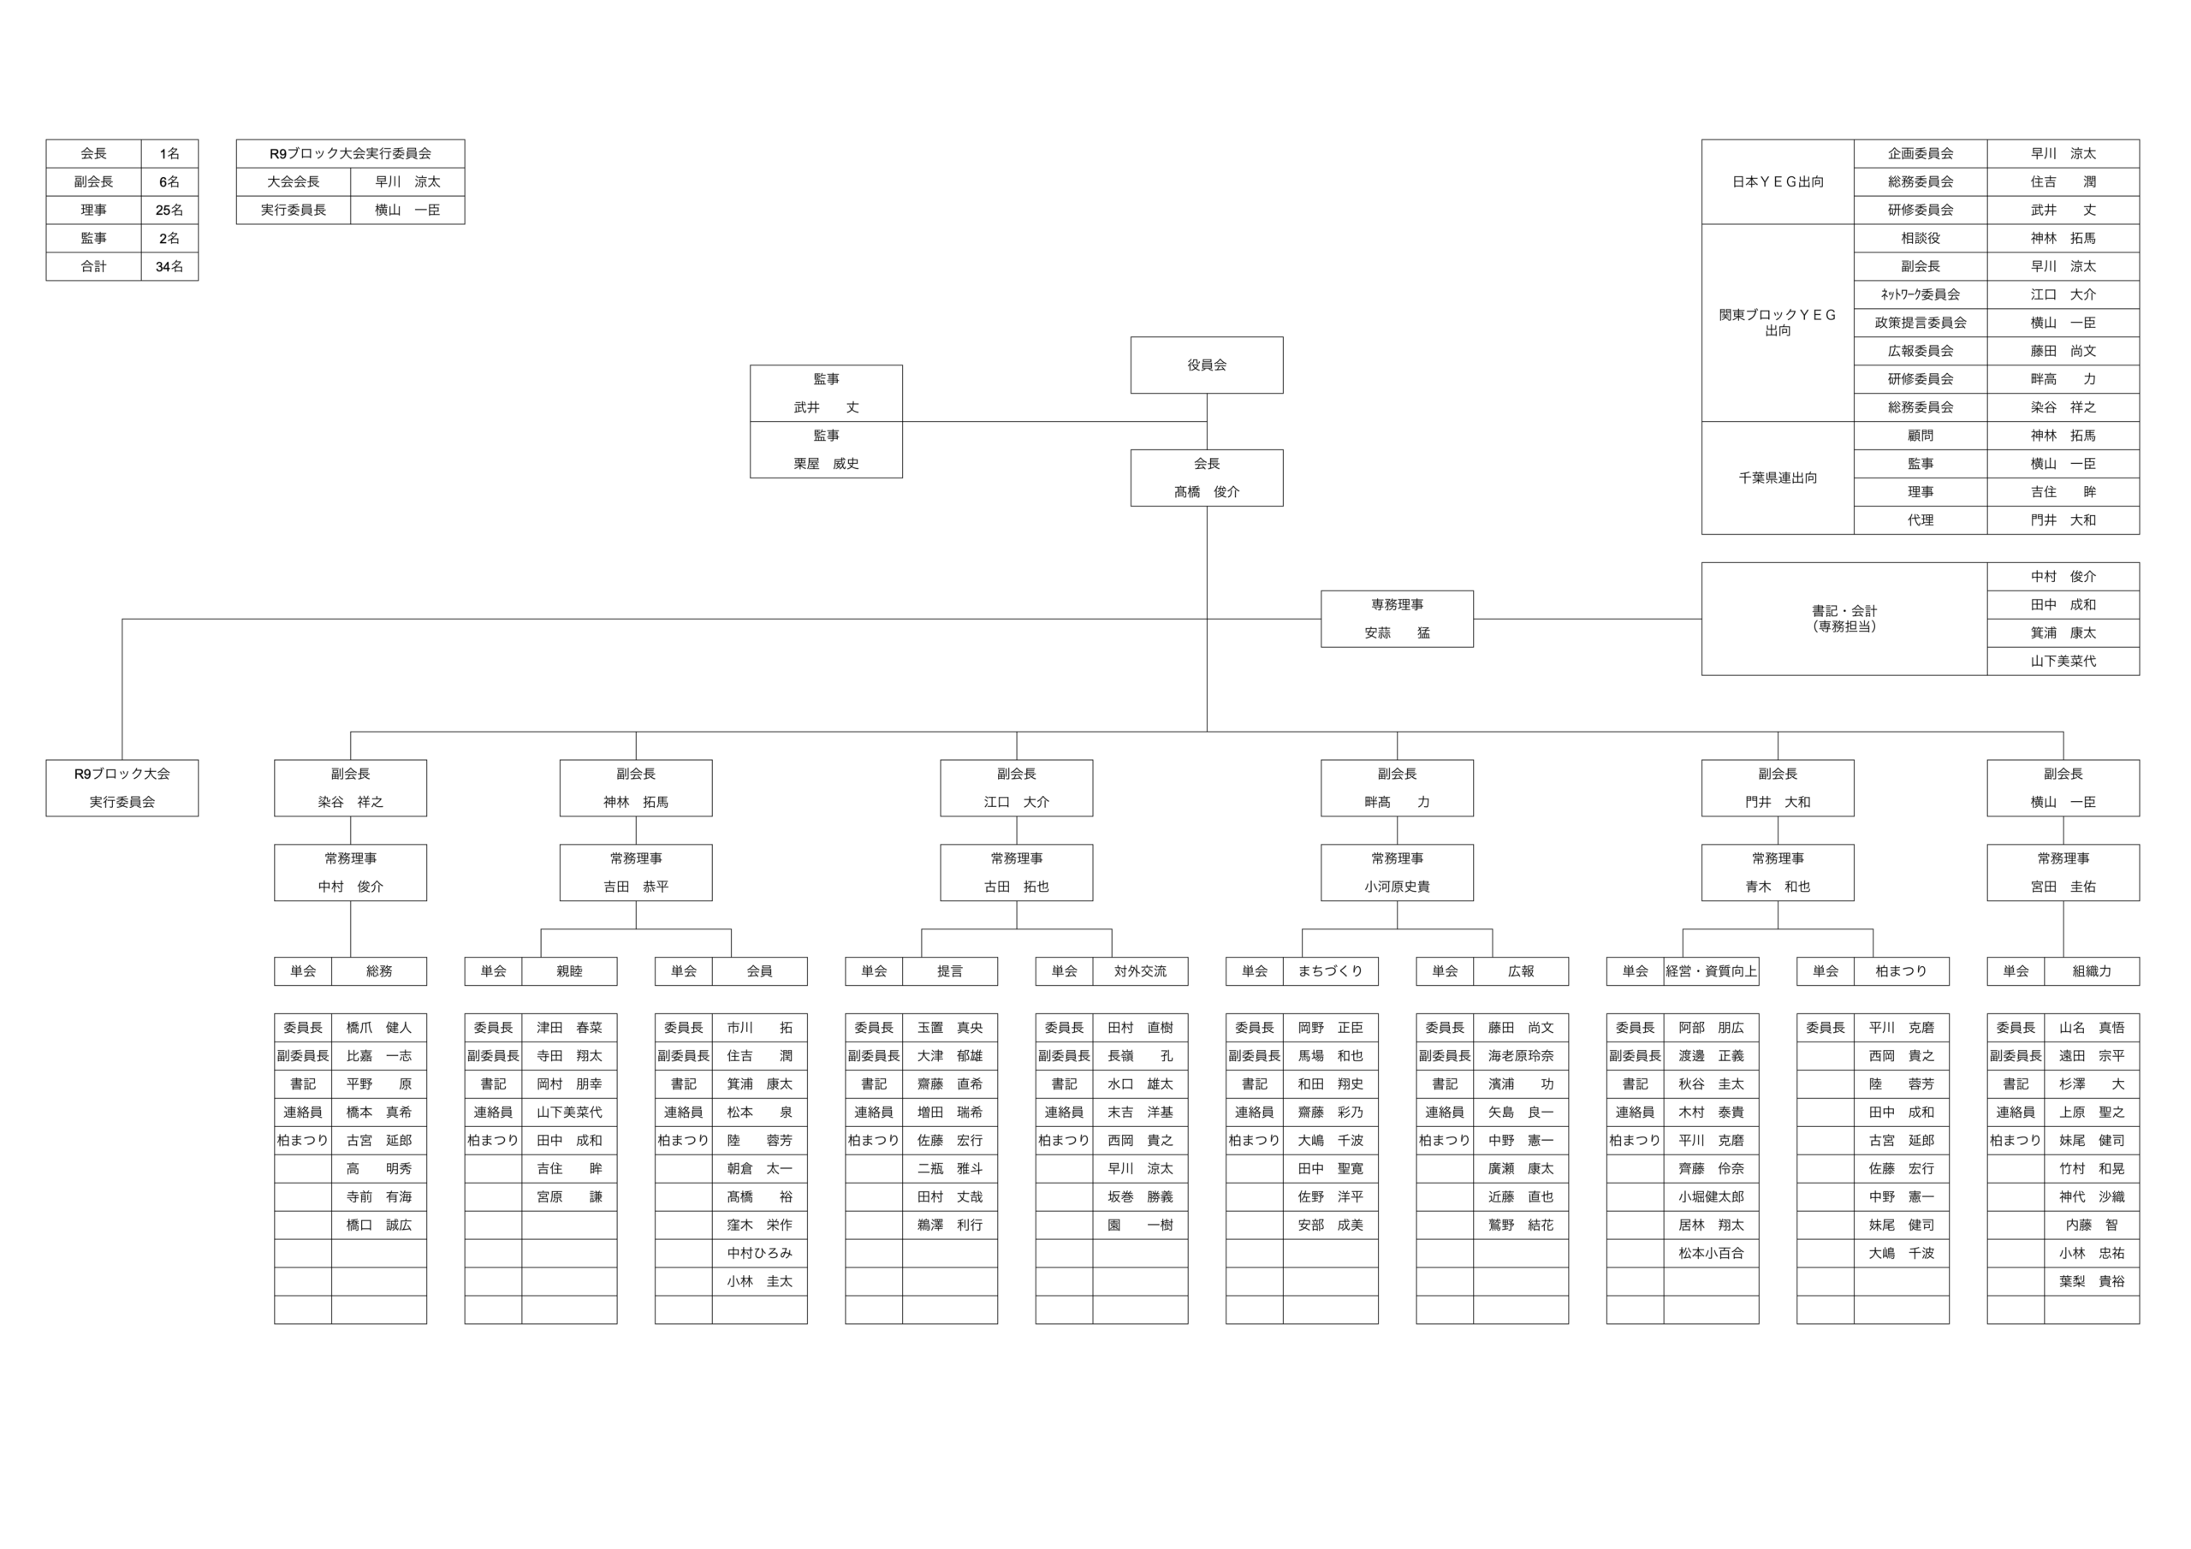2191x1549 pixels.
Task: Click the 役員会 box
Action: coord(1206,365)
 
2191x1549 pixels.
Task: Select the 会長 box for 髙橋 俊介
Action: coord(1206,478)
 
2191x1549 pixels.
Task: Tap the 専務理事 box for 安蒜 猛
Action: coord(1396,619)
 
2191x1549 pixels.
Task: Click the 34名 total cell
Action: coord(169,266)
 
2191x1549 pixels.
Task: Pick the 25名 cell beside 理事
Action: coord(169,210)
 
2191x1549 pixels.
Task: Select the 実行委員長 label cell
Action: coord(293,210)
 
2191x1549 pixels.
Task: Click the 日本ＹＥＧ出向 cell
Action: coord(1777,181)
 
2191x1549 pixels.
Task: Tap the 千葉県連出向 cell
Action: coord(1777,478)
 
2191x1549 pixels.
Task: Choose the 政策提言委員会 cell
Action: coord(1920,323)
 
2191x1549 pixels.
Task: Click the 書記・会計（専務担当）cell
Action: coord(1844,619)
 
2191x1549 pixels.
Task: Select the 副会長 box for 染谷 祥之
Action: coord(350,787)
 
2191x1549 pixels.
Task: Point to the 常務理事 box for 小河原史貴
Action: coord(1396,872)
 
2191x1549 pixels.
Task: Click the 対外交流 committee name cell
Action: coord(1139,970)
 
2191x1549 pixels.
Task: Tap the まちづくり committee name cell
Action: coord(1329,970)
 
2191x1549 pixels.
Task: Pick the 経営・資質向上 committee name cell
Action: coord(1710,970)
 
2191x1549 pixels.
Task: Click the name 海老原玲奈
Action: coord(1520,1055)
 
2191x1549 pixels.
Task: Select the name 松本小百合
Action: coord(1710,1253)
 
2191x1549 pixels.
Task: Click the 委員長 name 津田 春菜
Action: coord(569,1028)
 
